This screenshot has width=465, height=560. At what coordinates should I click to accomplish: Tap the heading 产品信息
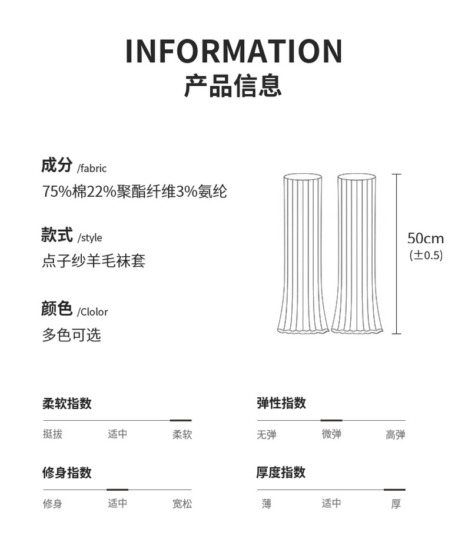pos(233,86)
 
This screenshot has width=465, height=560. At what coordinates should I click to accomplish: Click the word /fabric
pos(92,169)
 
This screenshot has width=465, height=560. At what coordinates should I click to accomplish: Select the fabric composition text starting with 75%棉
pos(134,192)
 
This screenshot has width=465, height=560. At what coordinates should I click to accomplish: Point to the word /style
pos(89,238)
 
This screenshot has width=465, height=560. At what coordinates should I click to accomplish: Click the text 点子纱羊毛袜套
pos(93,260)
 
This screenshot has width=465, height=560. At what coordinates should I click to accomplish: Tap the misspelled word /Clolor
pos(92,312)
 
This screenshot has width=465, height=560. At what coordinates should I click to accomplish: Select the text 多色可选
pos(71,335)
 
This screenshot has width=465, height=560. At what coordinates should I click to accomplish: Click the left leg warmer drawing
pos(303,253)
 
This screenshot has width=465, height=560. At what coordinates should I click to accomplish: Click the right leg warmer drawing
pos(357,253)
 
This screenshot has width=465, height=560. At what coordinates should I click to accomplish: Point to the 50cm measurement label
pos(426,239)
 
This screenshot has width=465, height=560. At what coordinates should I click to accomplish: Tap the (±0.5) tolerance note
pos(426,256)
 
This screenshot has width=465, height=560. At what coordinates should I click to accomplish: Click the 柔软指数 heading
pos(67,404)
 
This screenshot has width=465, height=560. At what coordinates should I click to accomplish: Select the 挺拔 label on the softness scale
pos(53,435)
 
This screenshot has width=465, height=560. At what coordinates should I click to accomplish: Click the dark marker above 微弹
pos(331,421)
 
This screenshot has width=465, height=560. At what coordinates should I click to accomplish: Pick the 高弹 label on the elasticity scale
pos(396,435)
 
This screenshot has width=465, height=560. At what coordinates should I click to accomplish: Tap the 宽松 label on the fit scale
pos(182,504)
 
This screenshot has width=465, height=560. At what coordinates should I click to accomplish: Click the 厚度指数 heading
pos(281,472)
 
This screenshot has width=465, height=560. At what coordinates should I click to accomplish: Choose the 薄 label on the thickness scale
pos(267,504)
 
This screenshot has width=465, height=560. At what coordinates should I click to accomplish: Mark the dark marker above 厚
pos(394,489)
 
